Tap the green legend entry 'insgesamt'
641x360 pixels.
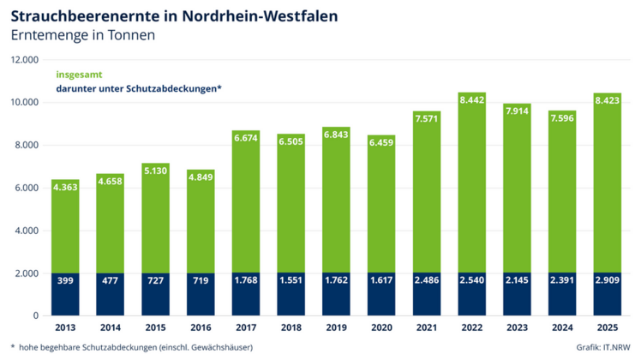click(78, 74)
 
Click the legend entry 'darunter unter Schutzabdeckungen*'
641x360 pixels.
click(140, 89)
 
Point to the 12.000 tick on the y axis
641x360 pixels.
click(25, 60)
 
